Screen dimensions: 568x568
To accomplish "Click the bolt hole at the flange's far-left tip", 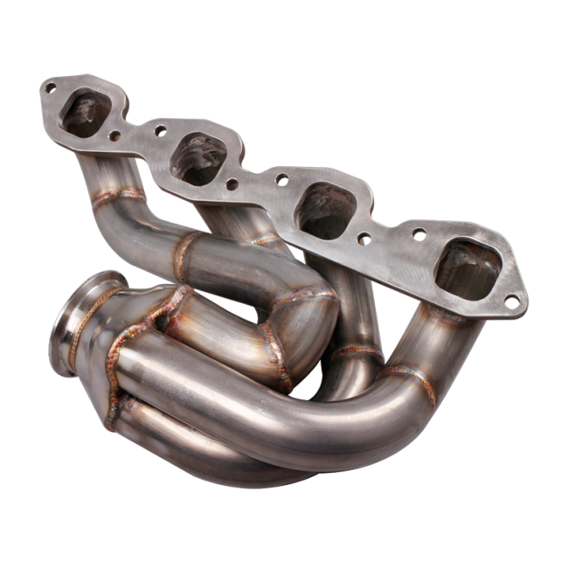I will pos(50,87).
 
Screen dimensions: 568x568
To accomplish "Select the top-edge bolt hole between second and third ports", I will pos(281,179).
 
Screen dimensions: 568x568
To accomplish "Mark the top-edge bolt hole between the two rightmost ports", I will pos(419,234).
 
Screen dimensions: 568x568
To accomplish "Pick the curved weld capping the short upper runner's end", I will pos(306,297).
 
